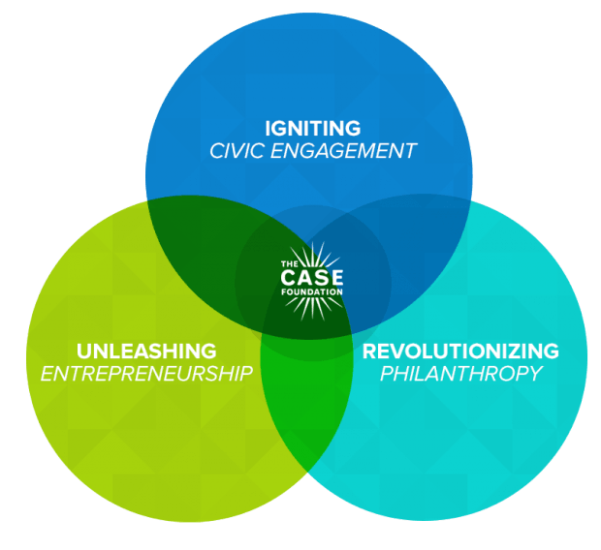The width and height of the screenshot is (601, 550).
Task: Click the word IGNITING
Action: [x=312, y=128]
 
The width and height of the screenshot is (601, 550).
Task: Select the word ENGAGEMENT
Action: [x=347, y=152]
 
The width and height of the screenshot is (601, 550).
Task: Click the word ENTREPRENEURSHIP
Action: [x=147, y=374]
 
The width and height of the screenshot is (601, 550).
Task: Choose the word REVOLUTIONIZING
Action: [x=460, y=350]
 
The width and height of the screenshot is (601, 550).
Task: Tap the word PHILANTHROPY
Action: [x=460, y=374]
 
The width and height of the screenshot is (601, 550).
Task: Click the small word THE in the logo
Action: [x=287, y=263]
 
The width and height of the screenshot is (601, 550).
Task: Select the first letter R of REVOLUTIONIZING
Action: [x=369, y=350]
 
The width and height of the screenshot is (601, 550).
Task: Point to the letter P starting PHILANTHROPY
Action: [x=384, y=374]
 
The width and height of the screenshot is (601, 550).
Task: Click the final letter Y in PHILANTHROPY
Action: [x=535, y=374]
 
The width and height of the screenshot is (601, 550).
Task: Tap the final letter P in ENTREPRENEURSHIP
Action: [x=246, y=374]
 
